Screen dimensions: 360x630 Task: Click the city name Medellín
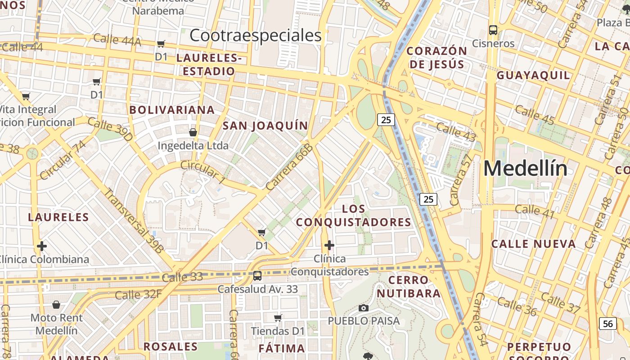525,169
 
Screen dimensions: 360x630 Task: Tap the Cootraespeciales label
255,35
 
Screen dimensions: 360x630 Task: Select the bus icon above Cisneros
493,30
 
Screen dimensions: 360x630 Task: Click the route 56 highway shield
608,324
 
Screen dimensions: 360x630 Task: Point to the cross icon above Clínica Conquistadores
329,245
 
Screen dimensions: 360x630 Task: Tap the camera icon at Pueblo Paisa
364,308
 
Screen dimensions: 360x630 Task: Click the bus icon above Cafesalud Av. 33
257,275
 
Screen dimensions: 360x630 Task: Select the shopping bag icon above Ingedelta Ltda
193,132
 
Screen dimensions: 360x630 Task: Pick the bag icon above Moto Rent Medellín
56,305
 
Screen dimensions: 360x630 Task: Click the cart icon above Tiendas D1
278,318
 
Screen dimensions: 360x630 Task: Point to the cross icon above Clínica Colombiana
42,246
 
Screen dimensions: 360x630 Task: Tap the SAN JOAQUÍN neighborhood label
265,126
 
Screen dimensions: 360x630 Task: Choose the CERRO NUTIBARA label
409,287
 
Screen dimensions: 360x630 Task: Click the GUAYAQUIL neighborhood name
533,75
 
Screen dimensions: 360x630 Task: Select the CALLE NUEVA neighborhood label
533,244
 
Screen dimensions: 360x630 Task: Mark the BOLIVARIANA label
172,110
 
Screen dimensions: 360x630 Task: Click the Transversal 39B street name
134,220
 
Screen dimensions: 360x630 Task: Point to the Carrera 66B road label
289,167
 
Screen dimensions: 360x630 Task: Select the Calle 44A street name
117,40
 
